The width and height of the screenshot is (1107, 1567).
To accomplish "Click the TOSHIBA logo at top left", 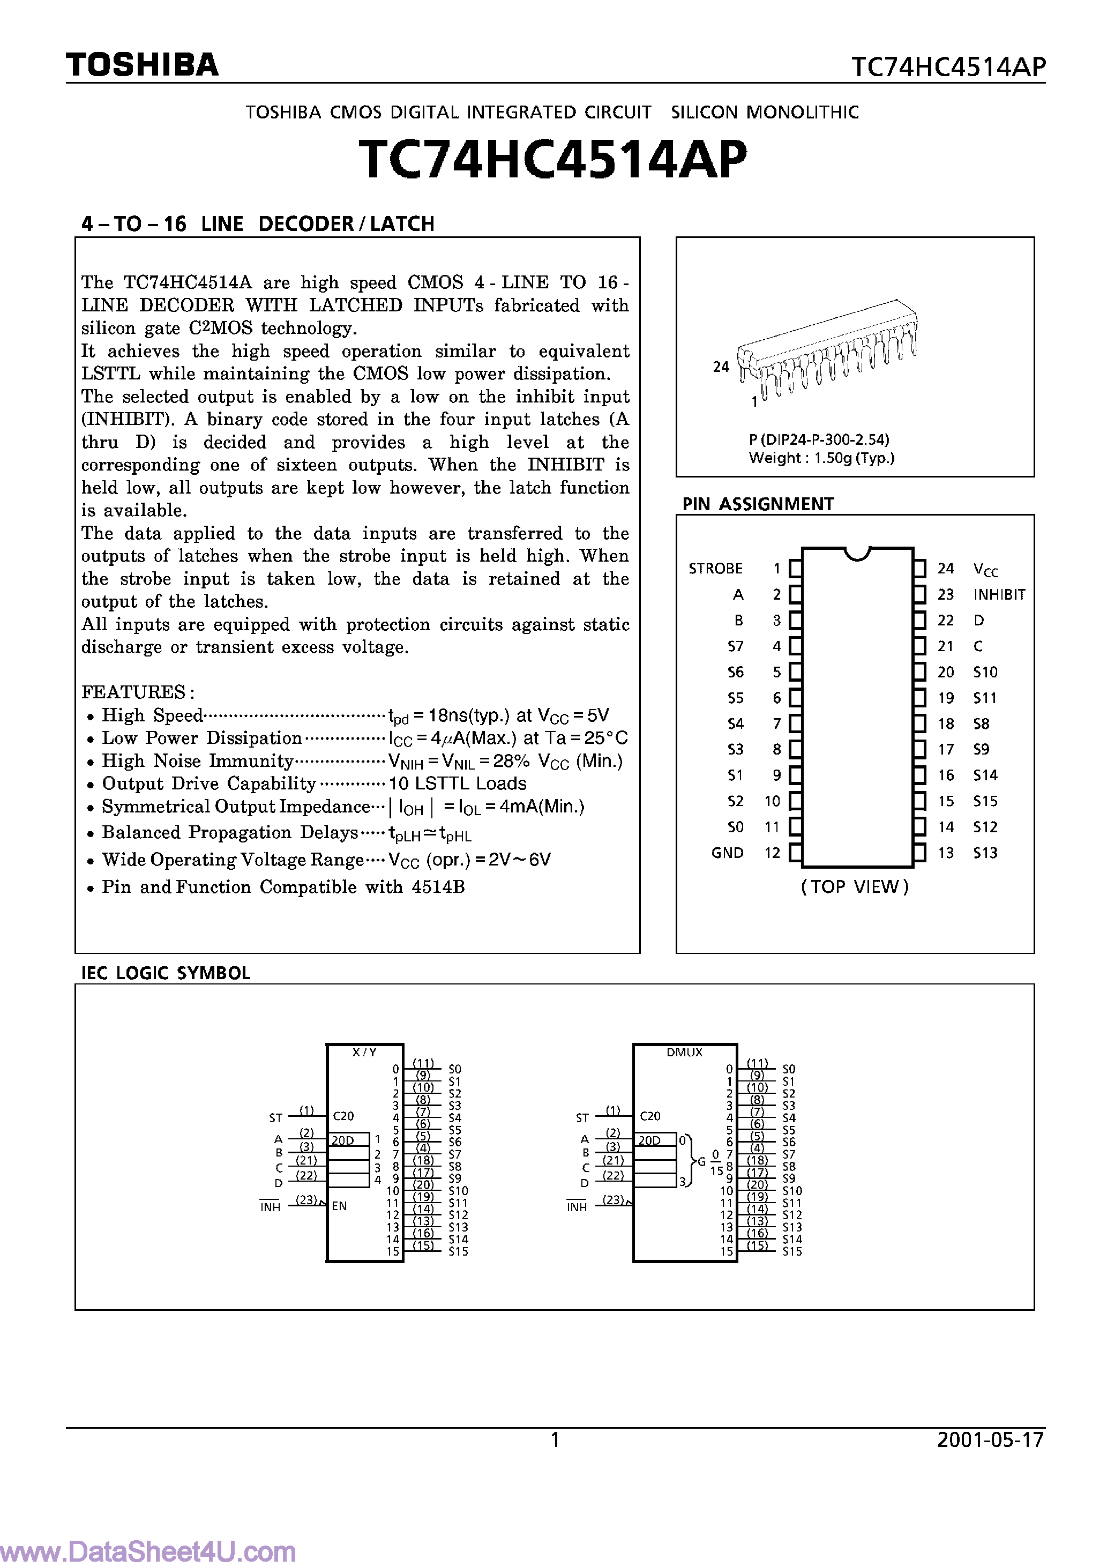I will click(142, 65).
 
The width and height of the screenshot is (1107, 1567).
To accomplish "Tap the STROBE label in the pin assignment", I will click(715, 569).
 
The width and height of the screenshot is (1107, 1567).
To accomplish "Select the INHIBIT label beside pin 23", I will click(999, 594).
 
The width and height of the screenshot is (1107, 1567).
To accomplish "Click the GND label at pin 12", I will click(727, 853).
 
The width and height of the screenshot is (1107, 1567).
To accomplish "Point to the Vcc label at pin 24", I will click(985, 569).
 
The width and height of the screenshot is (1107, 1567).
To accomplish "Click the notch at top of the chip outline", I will click(857, 554).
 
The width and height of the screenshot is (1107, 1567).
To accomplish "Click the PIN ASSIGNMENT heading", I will click(758, 504).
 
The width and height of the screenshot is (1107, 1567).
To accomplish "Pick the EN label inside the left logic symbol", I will click(339, 1206).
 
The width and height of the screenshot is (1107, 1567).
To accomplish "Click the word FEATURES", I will click(133, 692).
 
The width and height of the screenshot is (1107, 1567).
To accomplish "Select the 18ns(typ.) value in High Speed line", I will click(461, 715).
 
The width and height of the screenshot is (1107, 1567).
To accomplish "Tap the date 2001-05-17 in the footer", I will click(990, 1439).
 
